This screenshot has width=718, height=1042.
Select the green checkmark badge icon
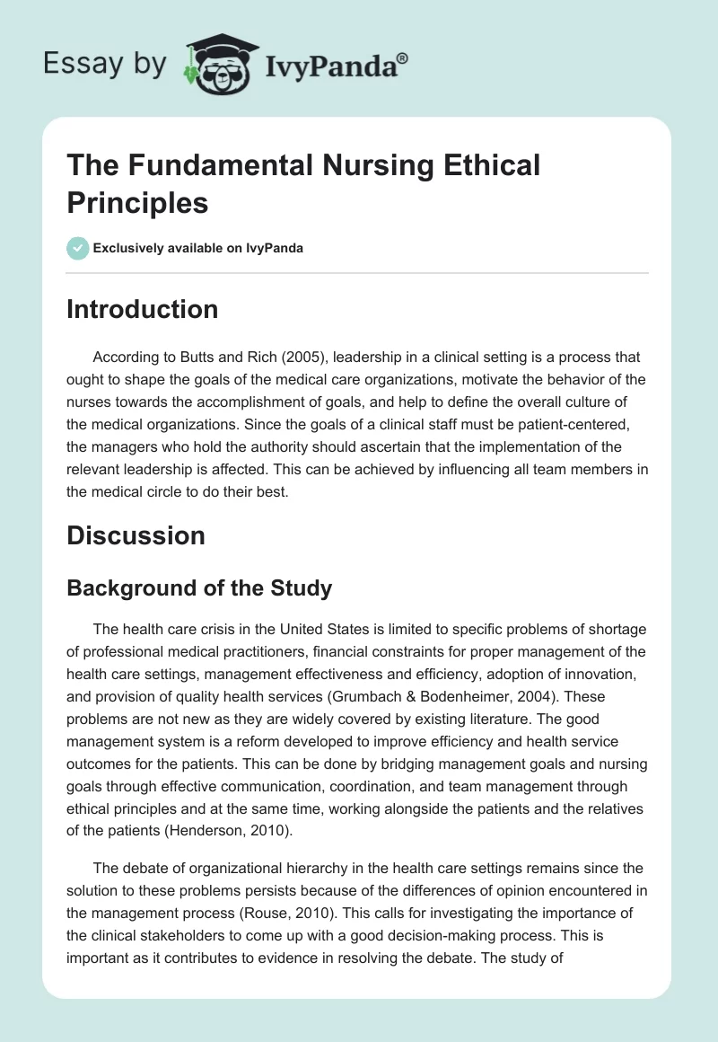pyautogui.click(x=78, y=248)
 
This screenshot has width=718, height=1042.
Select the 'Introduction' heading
pyautogui.click(x=143, y=309)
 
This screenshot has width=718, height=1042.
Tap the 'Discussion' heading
pyautogui.click(x=136, y=535)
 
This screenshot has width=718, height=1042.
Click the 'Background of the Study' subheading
pyautogui.click(x=199, y=588)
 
